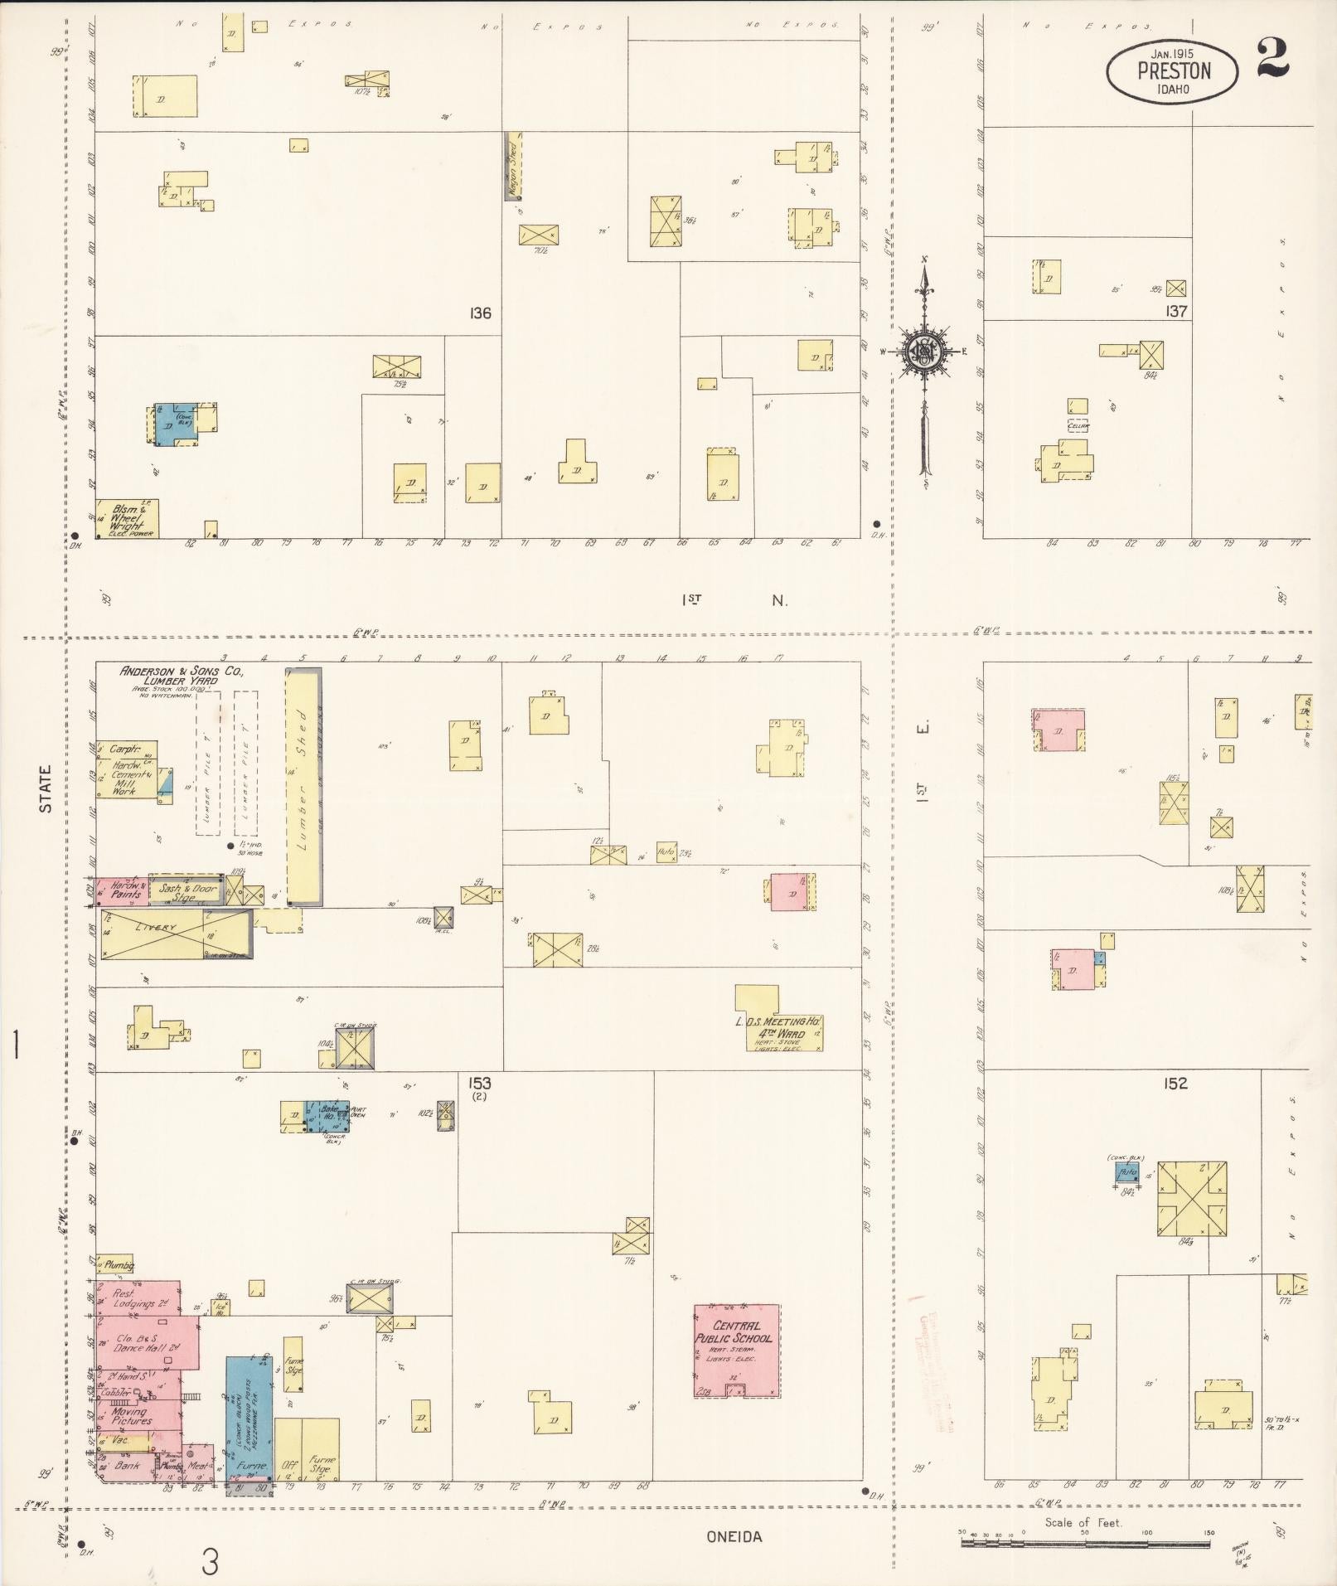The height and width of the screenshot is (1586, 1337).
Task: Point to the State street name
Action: (45, 788)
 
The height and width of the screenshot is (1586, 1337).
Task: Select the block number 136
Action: (480, 313)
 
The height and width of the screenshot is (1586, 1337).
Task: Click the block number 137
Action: (1175, 312)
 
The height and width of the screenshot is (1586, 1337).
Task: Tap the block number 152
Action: (1175, 1083)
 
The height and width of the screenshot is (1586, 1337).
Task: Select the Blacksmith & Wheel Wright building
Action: (127, 519)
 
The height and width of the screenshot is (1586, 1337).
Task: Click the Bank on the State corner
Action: (126, 1466)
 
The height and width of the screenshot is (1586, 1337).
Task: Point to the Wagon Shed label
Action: (513, 167)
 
